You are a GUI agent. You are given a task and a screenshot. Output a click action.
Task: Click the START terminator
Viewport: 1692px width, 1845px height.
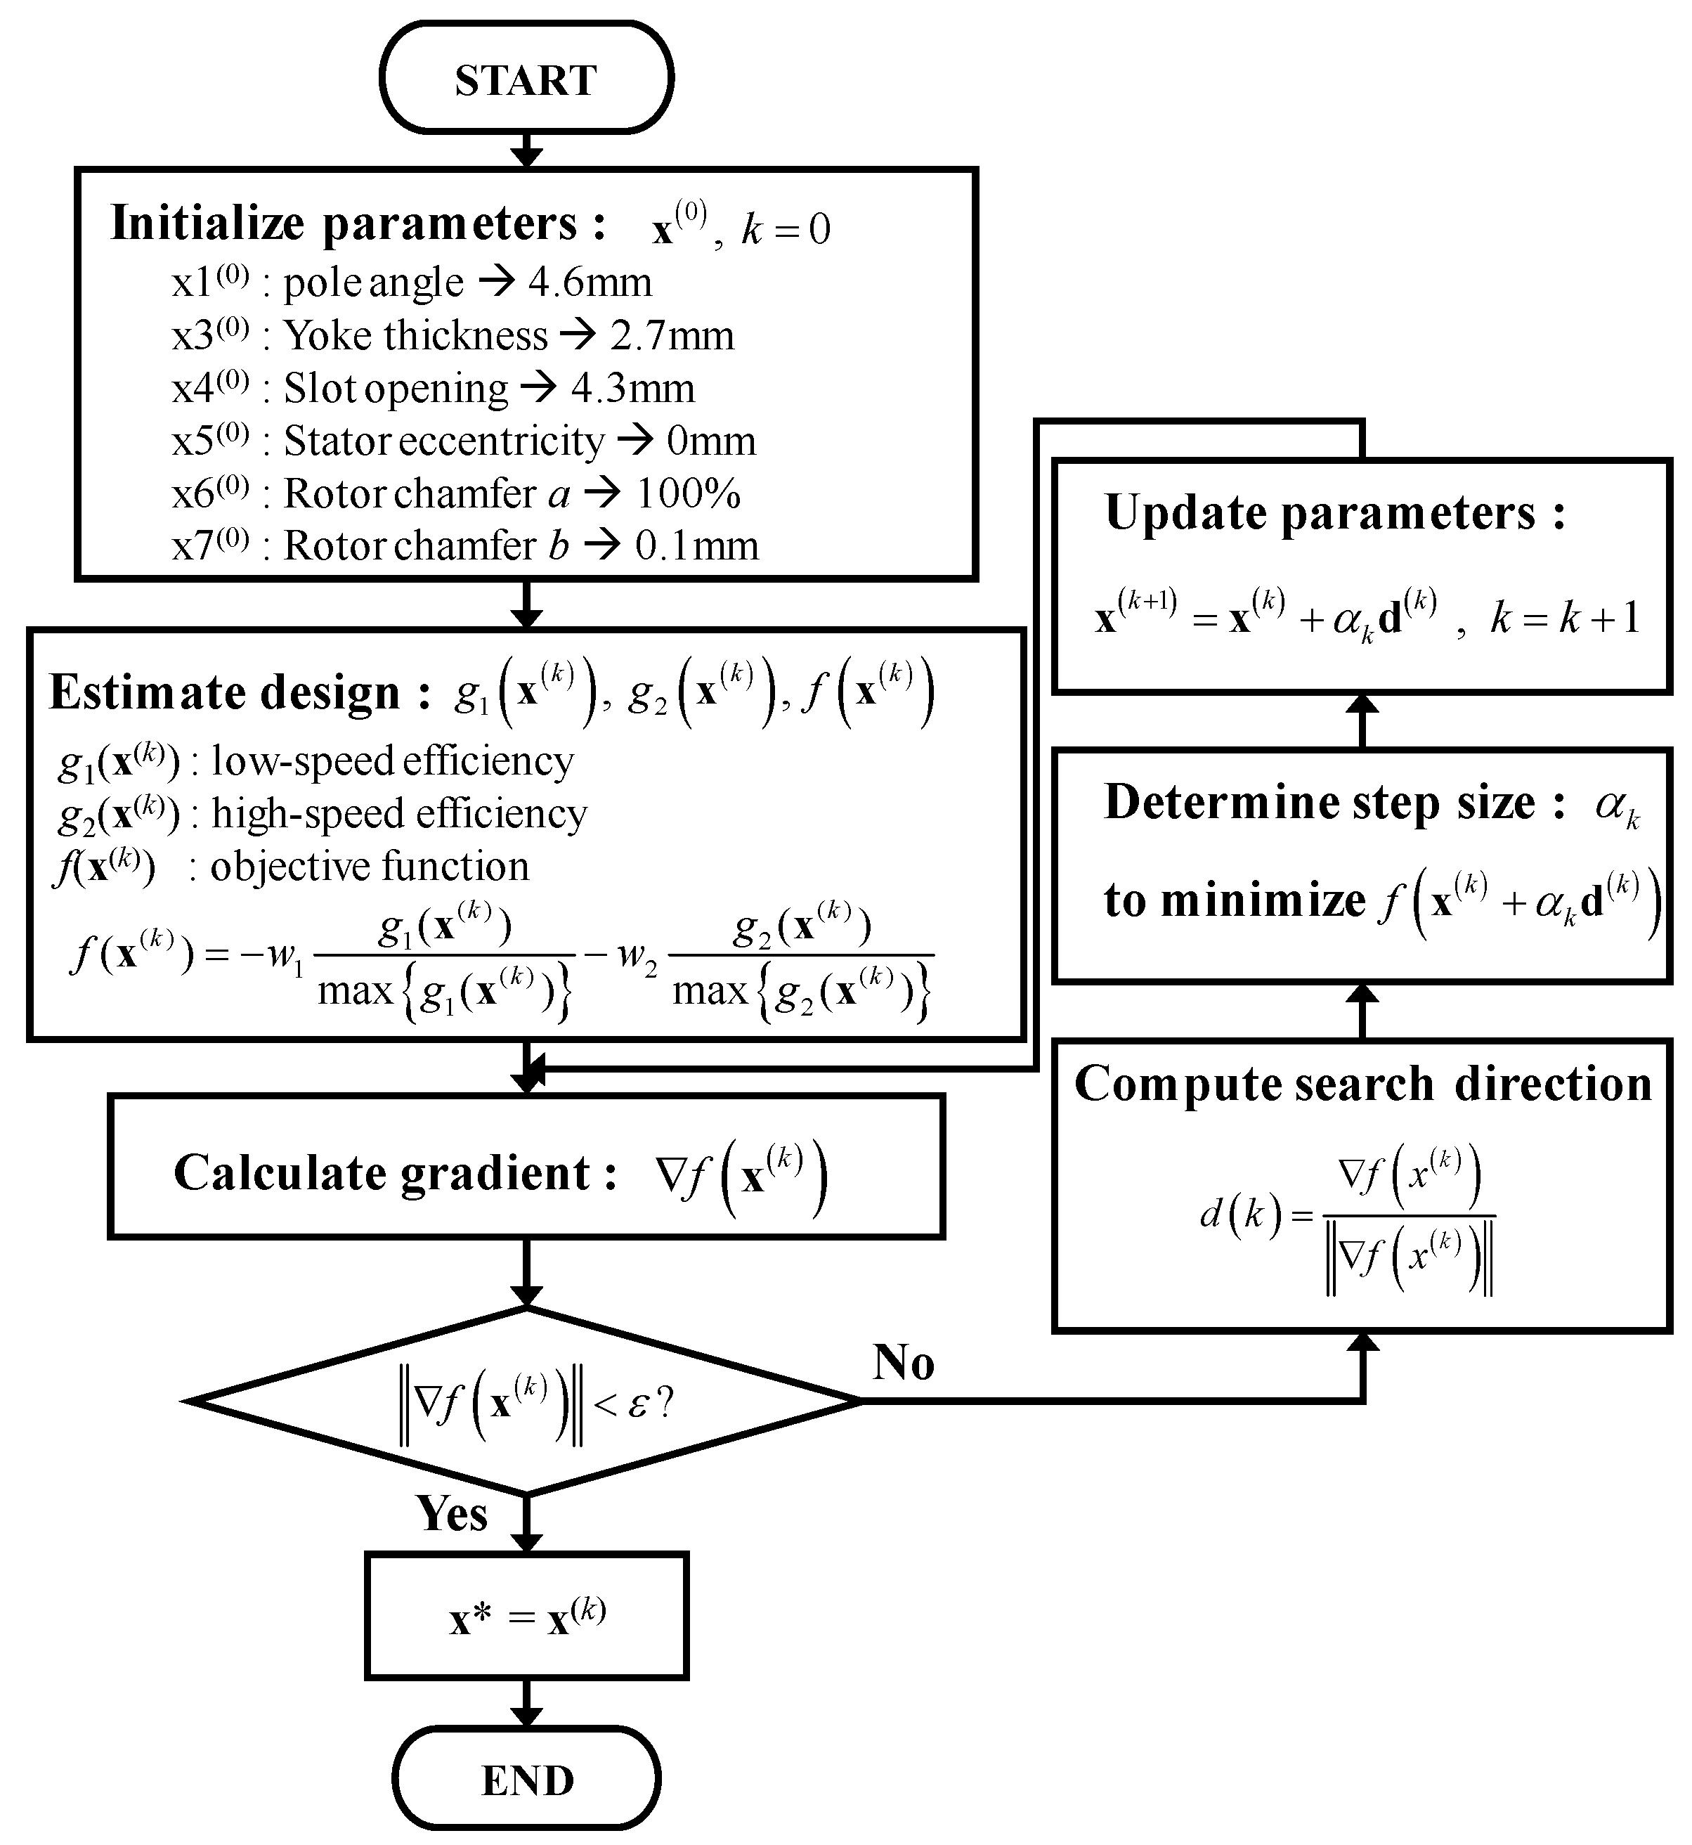(526, 79)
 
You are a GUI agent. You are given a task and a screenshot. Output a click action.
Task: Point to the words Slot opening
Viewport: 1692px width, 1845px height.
(396, 388)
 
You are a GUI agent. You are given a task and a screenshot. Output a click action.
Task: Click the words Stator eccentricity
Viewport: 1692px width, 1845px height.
(444, 441)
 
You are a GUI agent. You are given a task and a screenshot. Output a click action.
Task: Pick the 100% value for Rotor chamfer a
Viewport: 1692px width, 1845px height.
(688, 494)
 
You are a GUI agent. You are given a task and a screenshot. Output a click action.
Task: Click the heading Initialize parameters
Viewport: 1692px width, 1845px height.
(357, 224)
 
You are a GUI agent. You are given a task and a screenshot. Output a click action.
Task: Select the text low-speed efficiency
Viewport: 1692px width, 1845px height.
(392, 761)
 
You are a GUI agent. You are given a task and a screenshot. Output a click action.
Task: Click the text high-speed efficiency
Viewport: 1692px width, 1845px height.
(399, 814)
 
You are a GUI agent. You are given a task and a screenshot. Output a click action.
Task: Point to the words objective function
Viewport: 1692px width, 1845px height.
(370, 866)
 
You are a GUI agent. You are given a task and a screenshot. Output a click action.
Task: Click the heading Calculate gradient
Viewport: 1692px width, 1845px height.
(396, 1173)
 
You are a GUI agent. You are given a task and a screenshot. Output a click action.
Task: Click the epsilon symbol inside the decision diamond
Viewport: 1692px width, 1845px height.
(637, 1404)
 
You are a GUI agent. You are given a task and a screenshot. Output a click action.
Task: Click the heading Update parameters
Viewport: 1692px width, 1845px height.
(1335, 513)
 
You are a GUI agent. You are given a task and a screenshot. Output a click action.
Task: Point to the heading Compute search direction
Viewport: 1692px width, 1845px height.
(1362, 1084)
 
